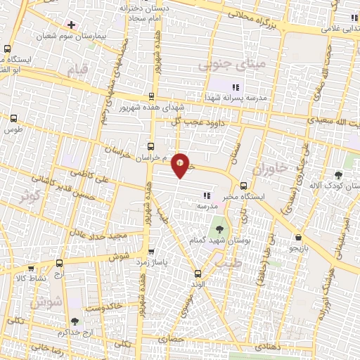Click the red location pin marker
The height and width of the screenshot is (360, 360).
pyautogui.click(x=181, y=165)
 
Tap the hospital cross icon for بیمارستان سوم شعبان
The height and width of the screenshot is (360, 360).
pyautogui.click(x=72, y=25)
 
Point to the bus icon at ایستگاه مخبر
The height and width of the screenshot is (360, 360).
pyautogui.click(x=243, y=186)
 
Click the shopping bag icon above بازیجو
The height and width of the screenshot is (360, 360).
pyautogui.click(x=300, y=238)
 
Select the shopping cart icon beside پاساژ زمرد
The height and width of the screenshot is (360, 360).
pyautogui.click(x=151, y=250)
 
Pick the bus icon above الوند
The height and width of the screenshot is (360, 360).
pyautogui.click(x=197, y=273)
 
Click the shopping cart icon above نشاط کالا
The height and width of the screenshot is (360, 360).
pyautogui.click(x=30, y=267)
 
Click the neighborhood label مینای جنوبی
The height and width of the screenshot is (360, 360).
pyautogui.click(x=224, y=66)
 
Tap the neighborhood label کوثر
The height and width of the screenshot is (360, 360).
pyautogui.click(x=30, y=196)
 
